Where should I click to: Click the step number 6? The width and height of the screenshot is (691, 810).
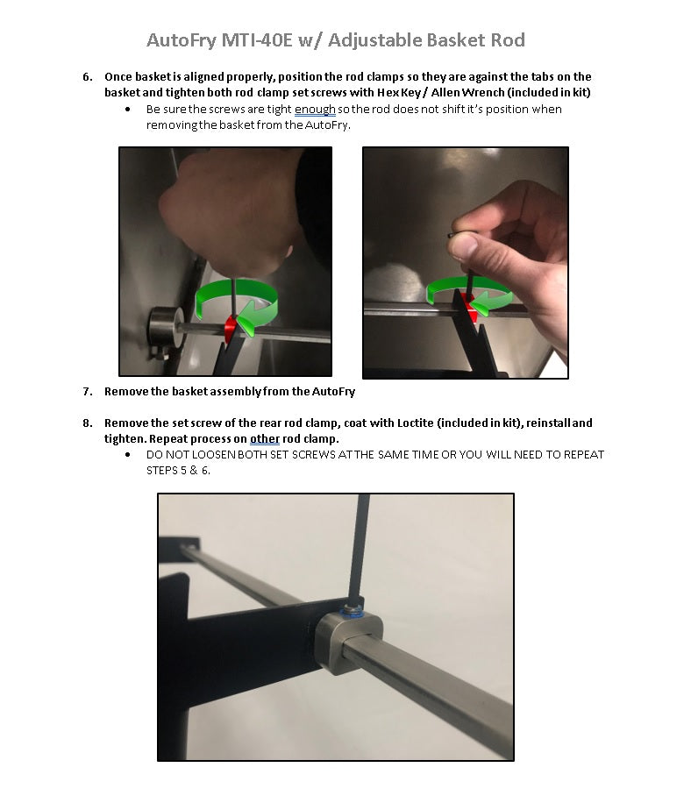[x=88, y=77]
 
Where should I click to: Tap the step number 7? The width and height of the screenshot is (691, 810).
[x=88, y=392]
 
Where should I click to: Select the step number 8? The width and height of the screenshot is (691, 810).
[x=88, y=423]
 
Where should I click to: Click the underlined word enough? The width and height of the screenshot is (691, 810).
[x=315, y=110]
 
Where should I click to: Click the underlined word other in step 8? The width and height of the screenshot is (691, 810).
[x=265, y=439]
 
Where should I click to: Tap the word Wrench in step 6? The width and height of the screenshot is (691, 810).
[x=482, y=92]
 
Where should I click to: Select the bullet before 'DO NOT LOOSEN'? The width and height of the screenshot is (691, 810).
[x=128, y=455]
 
